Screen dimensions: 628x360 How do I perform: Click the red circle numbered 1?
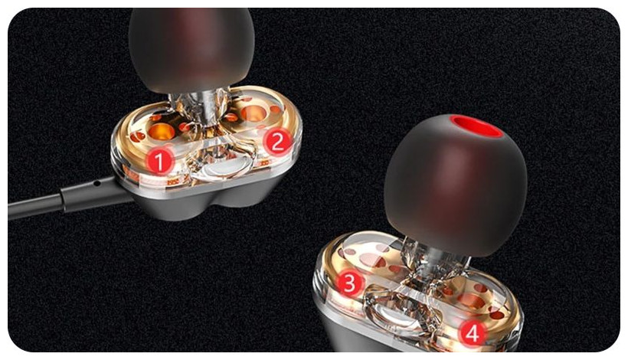pyautogui.click(x=160, y=161)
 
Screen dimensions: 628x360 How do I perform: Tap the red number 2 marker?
pyautogui.click(x=277, y=141)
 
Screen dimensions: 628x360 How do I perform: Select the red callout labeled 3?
pyautogui.click(x=350, y=283)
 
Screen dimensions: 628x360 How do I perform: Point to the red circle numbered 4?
pyautogui.click(x=473, y=332)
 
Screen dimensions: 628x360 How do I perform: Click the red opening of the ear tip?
pyautogui.click(x=476, y=126)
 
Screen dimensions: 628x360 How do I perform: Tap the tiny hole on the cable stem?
pyautogui.click(x=97, y=184)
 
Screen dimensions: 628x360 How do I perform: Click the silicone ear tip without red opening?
pyautogui.click(x=191, y=48)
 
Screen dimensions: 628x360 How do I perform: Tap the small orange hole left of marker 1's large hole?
pyautogui.click(x=137, y=137)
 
